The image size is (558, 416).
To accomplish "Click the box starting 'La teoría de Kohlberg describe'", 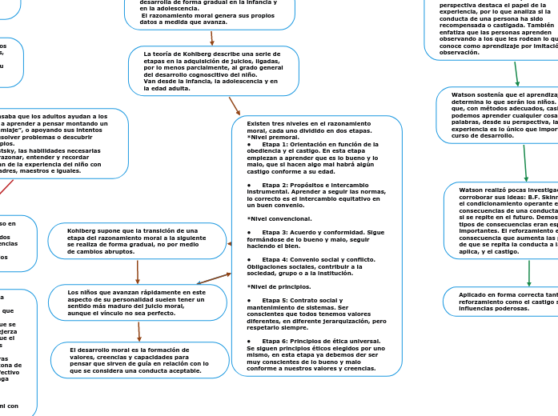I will (x=213, y=70).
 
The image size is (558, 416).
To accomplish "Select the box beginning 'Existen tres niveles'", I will (x=317, y=246).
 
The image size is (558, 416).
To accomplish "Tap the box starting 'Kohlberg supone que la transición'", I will (x=137, y=241).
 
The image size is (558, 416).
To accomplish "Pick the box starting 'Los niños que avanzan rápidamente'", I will (x=137, y=302).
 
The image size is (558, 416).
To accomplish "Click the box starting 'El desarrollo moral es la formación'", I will (x=139, y=361).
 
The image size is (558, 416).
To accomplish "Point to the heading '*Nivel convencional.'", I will (x=279, y=218).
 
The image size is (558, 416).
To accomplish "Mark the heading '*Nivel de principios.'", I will (x=279, y=286).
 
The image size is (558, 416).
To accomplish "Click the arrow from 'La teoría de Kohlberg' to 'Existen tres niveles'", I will (x=235, y=106).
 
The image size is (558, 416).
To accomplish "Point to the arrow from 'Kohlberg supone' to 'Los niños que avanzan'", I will (x=138, y=272).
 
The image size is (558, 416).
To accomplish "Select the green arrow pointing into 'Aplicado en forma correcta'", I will (x=528, y=273).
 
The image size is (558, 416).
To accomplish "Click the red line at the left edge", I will (x=6, y=186).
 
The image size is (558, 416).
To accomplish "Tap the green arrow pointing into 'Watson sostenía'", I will (x=517, y=74).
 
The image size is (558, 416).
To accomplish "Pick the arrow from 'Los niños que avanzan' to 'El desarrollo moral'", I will (x=139, y=331).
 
